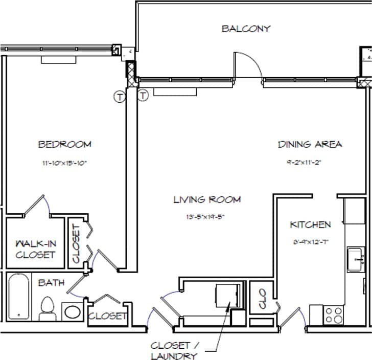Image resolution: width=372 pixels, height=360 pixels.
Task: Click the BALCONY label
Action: click(246, 29)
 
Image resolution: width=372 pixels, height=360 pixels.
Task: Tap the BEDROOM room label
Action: click(65, 145)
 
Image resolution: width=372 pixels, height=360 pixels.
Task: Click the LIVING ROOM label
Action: click(206, 199)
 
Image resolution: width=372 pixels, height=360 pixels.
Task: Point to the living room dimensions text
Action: click(206, 217)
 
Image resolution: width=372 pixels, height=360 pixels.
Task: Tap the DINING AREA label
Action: click(310, 145)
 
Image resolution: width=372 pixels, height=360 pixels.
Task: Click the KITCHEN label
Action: click(310, 224)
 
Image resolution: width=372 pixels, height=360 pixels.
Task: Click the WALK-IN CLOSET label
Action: click(35, 249)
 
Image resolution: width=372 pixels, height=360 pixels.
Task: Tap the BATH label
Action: click(51, 282)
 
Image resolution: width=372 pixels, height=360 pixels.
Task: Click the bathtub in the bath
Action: click(19, 297)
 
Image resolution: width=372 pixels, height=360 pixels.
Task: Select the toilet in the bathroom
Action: click(47, 309)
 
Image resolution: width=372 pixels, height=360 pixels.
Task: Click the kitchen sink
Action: click(356, 260)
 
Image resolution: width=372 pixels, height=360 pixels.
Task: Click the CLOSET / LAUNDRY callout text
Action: click(174, 350)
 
